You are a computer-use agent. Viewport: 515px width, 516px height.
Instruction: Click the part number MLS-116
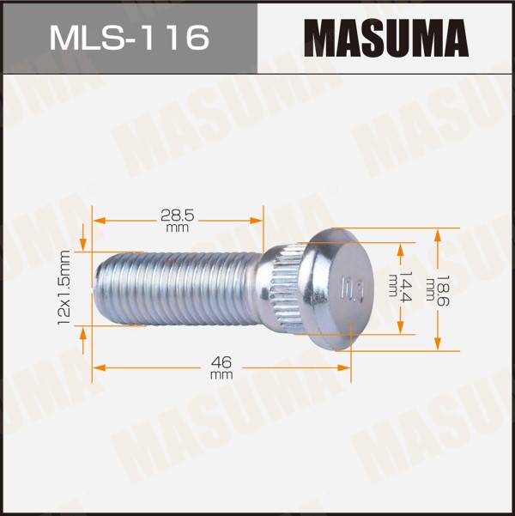[x=130, y=38]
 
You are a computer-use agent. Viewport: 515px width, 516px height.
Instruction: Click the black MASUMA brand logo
[x=386, y=38]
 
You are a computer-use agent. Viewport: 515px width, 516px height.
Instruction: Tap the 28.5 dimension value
[x=178, y=216]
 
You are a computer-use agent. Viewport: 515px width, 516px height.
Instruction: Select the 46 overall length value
[x=221, y=362]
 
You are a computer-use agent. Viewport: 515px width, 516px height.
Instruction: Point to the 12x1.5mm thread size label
[x=64, y=288]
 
